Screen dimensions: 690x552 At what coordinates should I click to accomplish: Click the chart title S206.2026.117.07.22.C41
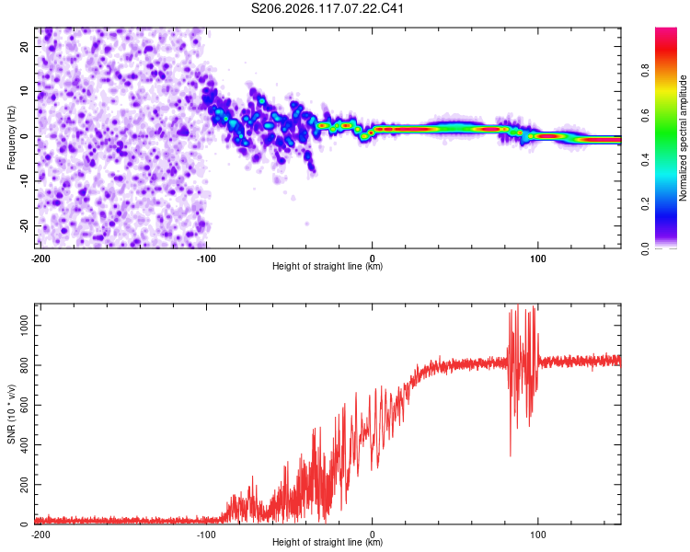click(x=327, y=8)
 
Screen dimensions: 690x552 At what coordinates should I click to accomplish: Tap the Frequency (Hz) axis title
click(x=11, y=138)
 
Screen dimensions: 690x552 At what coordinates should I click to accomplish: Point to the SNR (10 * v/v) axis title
click(x=11, y=414)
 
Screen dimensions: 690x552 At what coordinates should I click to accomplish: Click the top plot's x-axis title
click(x=328, y=266)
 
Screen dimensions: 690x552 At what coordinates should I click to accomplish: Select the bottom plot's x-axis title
click(x=328, y=542)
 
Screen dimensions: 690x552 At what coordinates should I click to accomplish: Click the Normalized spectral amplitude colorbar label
click(x=683, y=138)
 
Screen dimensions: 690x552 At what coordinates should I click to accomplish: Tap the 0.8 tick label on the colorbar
click(x=645, y=71)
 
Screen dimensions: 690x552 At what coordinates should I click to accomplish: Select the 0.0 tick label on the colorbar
click(x=645, y=248)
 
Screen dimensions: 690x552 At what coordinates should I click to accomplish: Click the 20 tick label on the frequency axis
click(x=24, y=47)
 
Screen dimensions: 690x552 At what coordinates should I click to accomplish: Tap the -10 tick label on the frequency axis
click(x=24, y=181)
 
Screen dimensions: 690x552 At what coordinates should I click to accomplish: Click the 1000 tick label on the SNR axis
click(x=24, y=326)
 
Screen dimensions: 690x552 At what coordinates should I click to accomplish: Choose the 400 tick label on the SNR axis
click(x=24, y=444)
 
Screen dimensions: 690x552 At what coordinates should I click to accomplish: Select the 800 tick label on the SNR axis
click(x=24, y=365)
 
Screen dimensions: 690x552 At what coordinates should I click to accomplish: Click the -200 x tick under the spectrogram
click(x=40, y=259)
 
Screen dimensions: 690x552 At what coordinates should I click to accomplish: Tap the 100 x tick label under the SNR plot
click(x=538, y=535)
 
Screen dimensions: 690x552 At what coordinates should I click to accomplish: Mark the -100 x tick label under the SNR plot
click(x=206, y=535)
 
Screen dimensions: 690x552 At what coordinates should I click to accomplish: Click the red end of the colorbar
click(x=666, y=30)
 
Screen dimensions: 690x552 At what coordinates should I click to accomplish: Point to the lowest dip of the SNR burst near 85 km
click(x=511, y=456)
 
